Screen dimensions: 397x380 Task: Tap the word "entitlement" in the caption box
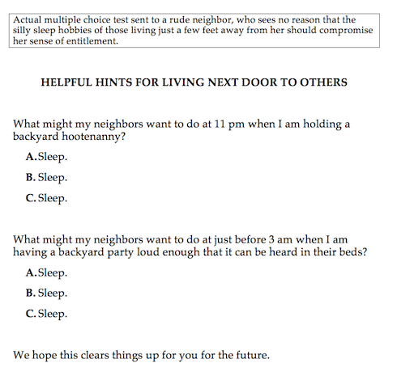tap(91, 42)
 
